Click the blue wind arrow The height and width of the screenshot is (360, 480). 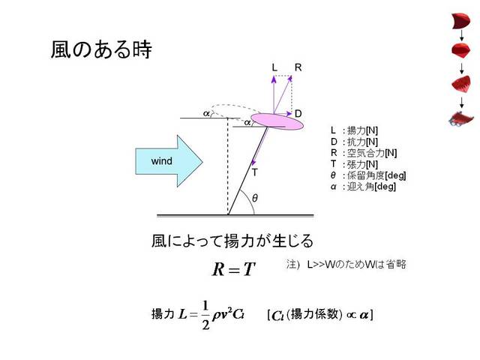169,161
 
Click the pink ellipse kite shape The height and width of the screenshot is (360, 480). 277,121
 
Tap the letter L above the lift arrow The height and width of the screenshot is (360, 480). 274,67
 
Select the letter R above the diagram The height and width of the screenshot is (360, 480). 298,67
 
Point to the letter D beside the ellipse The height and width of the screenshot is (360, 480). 298,113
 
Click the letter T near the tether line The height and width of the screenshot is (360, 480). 255,172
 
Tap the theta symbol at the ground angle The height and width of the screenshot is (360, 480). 255,198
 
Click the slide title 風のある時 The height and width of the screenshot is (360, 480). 101,49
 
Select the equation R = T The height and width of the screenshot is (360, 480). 234,269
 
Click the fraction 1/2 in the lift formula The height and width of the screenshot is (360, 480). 205,315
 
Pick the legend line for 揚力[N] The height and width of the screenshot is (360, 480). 354,130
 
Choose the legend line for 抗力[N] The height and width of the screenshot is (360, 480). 354,142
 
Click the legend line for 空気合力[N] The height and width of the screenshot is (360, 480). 364,153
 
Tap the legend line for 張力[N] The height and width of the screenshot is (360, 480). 354,164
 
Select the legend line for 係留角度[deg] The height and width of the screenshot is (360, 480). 368,175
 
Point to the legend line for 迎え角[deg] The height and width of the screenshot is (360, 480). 363,187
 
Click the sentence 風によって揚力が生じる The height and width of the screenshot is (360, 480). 232,241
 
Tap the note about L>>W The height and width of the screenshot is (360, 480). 346,264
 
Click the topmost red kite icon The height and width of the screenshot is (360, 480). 461,21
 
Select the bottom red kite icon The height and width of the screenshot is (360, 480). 461,118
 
